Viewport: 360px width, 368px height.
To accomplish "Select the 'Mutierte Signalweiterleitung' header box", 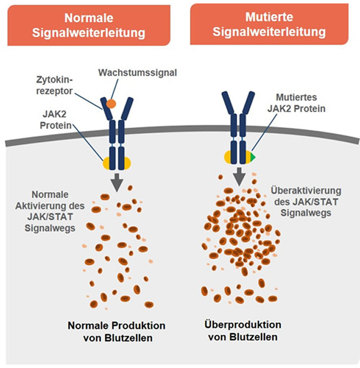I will pos(269,24).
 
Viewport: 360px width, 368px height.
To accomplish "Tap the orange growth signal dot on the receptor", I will pos(111,104).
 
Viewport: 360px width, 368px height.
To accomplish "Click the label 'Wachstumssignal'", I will pos(137,73).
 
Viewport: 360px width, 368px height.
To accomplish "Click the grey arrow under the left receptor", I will pos(117,181).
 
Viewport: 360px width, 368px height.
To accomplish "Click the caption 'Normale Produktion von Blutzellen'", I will pos(117,331).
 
